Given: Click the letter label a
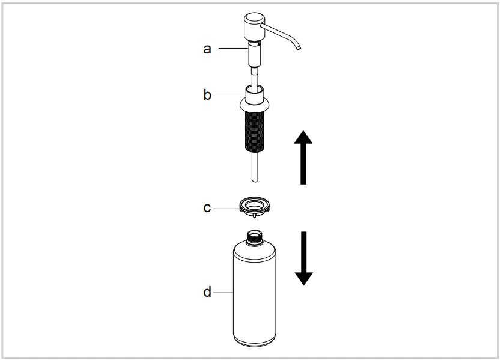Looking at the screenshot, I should click(x=207, y=49).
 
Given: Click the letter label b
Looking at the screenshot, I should click(x=207, y=95).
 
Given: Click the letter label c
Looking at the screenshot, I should click(x=207, y=207).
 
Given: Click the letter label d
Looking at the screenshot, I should click(x=207, y=293).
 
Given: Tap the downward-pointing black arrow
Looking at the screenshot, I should click(x=304, y=257).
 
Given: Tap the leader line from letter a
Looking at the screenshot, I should click(x=231, y=49).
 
